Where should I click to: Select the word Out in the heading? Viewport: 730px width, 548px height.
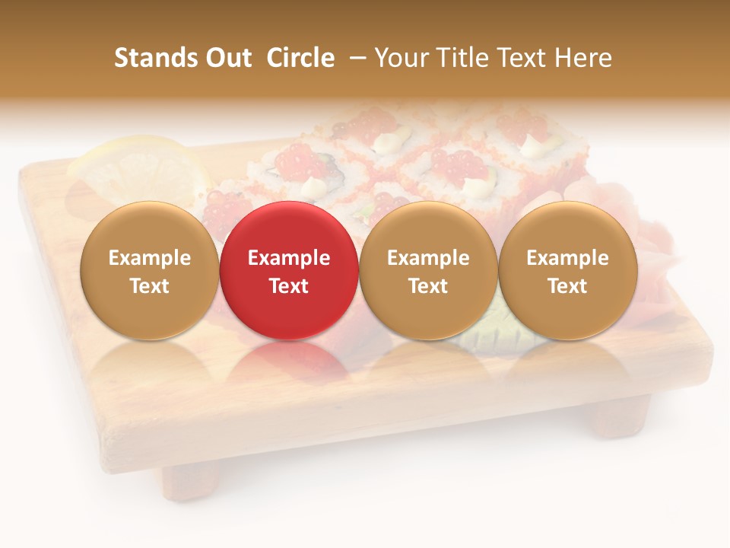tap(227, 58)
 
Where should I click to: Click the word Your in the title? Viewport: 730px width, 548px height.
tap(401, 58)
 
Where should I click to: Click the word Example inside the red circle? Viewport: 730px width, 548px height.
tap(288, 258)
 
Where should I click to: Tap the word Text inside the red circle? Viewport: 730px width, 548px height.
tap(288, 286)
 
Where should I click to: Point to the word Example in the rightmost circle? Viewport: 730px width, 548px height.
tap(567, 258)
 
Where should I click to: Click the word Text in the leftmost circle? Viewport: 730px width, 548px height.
tap(149, 286)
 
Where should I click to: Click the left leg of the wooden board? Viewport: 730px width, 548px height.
tap(190, 479)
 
